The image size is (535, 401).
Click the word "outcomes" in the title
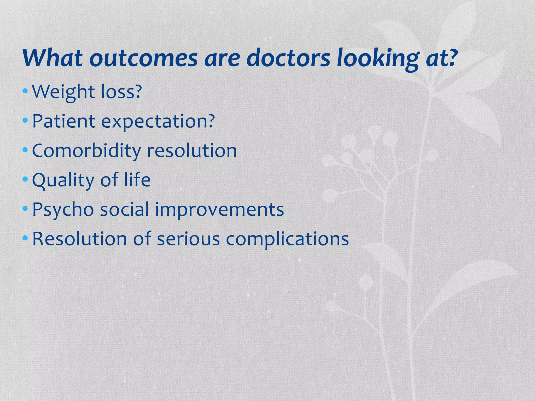pyautogui.click(x=143, y=58)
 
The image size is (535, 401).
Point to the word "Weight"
pyautogui.click(x=63, y=92)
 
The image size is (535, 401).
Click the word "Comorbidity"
pyautogui.click(x=86, y=151)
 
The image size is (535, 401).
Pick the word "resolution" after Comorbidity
pyautogui.click(x=192, y=151)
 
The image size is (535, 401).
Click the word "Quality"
pyautogui.click(x=62, y=180)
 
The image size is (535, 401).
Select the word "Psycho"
pyautogui.click(x=63, y=210)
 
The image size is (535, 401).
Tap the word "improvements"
pyautogui.click(x=219, y=210)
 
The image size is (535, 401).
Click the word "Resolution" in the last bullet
pyautogui.click(x=79, y=239)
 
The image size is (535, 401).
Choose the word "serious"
pyautogui.click(x=188, y=239)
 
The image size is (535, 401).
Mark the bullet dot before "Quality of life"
pyautogui.click(x=25, y=179)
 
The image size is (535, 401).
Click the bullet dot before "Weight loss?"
pyautogui.click(x=25, y=91)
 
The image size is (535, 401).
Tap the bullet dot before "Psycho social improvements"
pyautogui.click(x=25, y=209)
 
